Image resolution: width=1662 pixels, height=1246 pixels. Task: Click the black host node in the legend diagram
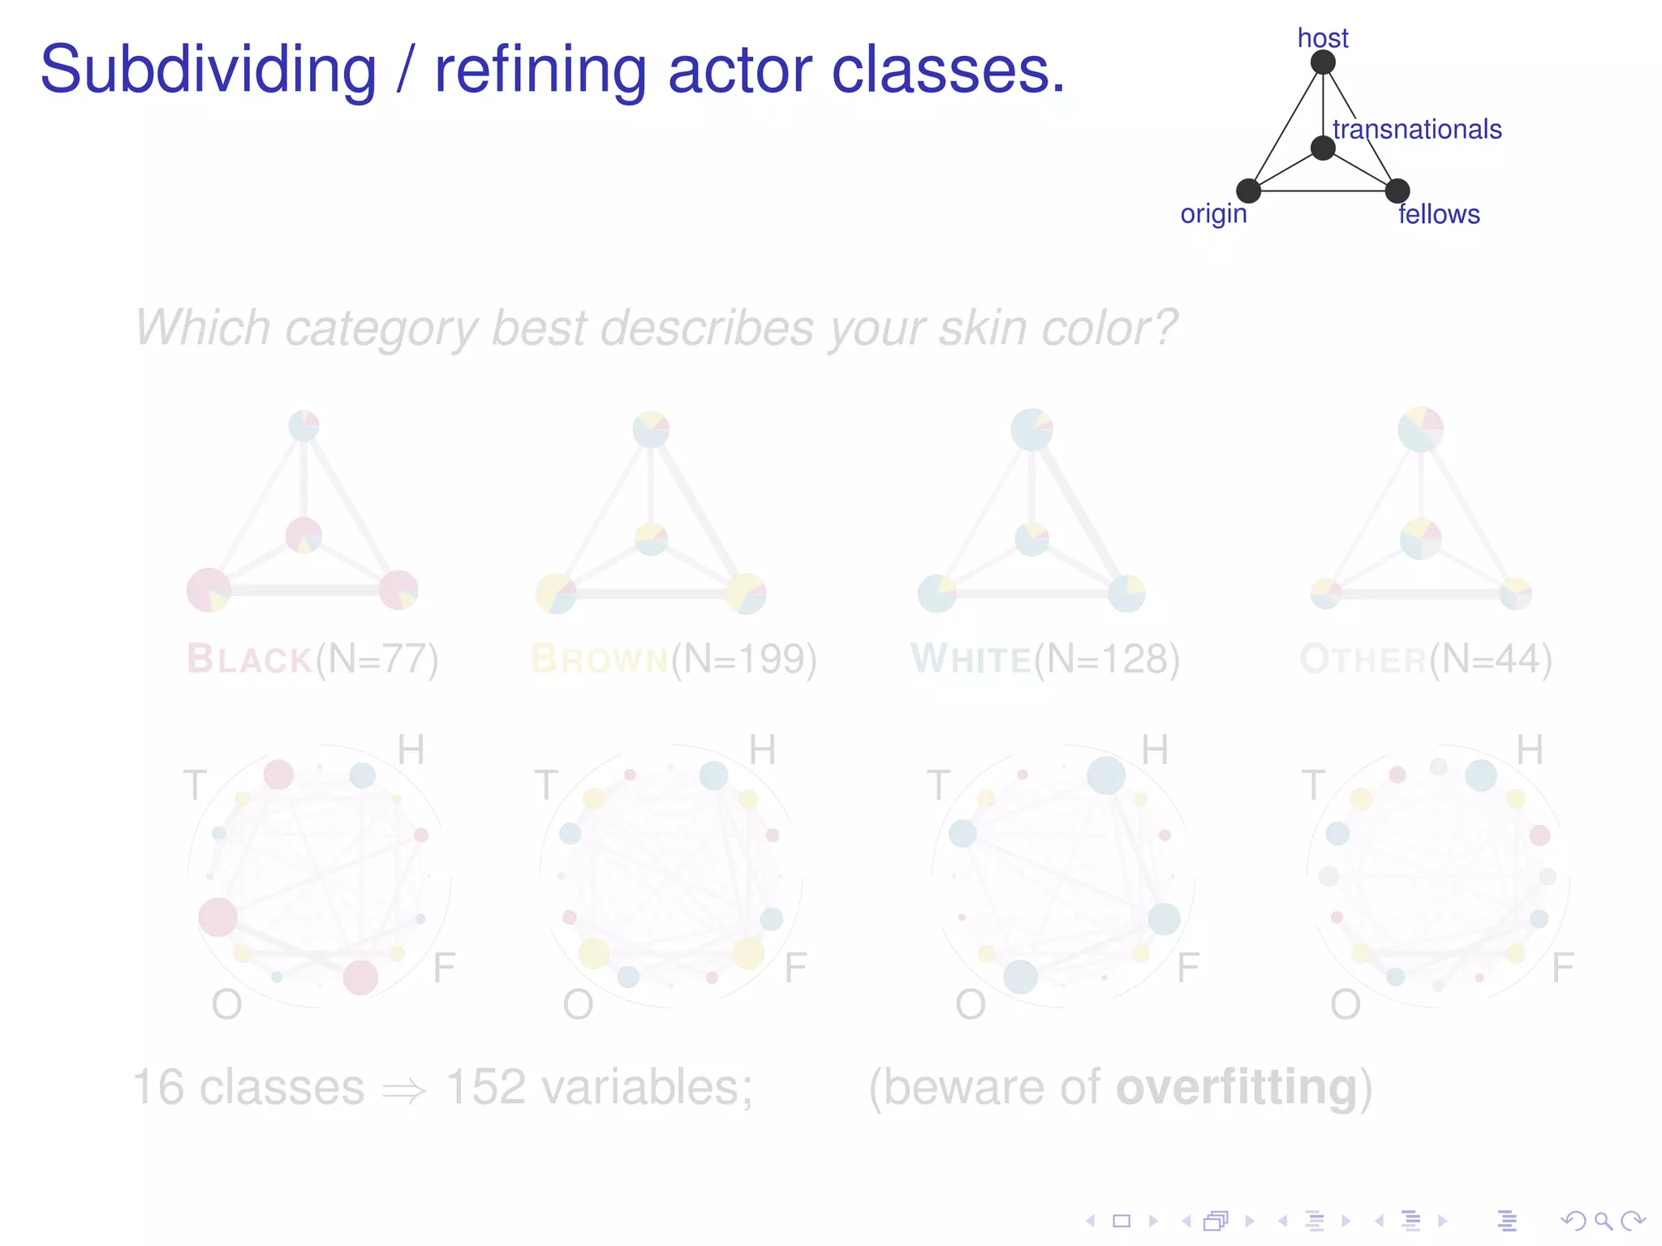coord(1323,62)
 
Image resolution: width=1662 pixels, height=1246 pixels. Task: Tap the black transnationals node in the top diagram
coord(1323,148)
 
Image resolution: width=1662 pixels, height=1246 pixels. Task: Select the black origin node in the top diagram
coord(1248,191)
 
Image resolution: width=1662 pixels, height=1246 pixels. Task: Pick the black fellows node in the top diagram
coord(1397,191)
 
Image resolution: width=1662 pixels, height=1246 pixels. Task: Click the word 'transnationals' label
coord(1417,129)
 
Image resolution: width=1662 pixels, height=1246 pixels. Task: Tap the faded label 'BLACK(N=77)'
coord(312,659)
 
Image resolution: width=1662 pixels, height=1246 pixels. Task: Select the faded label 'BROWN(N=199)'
coord(674,659)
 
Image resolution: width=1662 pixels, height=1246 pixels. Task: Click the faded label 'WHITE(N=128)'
coord(1045,659)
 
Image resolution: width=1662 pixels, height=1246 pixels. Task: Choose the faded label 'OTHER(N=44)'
coord(1426,659)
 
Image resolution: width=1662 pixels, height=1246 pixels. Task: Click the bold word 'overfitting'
coord(1237,1087)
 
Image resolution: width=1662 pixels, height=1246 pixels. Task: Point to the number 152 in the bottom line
coord(485,1087)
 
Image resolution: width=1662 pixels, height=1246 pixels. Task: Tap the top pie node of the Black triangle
coord(304,425)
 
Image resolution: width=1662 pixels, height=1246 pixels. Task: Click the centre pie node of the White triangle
coord(1031,539)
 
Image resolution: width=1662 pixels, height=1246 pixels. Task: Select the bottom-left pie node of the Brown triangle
coord(556,594)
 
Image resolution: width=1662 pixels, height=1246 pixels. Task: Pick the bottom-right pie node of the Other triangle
coord(1515,594)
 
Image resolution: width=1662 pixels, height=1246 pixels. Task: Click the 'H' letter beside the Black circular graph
coord(411,750)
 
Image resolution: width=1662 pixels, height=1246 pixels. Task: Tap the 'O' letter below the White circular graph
coord(971,1005)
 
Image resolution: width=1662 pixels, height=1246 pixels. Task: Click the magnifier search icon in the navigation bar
coord(1602,1220)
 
